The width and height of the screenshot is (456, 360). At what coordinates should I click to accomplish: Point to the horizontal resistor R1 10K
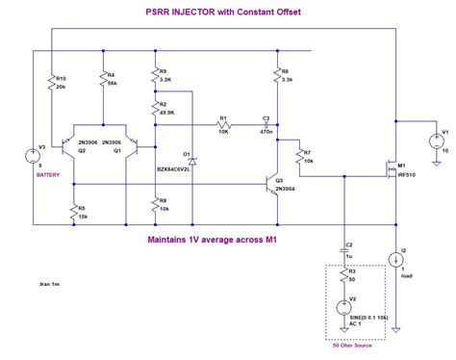pyautogui.click(x=222, y=126)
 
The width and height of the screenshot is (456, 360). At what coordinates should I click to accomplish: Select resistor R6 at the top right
pyautogui.click(x=276, y=76)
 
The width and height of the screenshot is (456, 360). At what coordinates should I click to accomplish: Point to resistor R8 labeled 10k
pyautogui.click(x=153, y=206)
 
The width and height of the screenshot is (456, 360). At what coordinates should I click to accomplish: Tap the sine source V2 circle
pyautogui.click(x=343, y=310)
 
